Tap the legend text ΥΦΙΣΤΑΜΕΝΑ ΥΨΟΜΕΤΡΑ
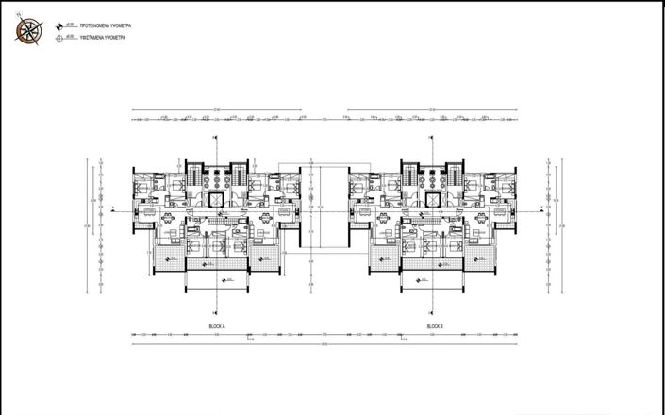[93, 39]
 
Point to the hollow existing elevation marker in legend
[59, 39]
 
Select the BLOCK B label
[435, 325]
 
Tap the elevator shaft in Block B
[434, 200]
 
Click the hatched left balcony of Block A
[168, 265]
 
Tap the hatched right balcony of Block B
[485, 265]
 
